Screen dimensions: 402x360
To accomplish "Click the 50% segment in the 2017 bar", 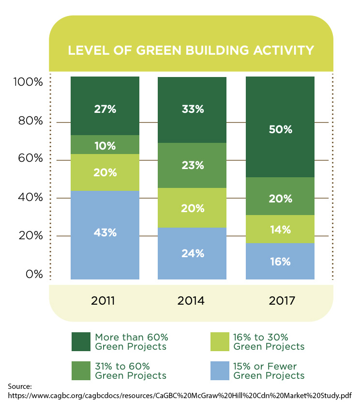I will (x=280, y=127).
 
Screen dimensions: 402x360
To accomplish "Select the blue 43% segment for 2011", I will (x=105, y=235).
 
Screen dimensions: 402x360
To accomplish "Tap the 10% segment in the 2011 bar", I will (x=105, y=145).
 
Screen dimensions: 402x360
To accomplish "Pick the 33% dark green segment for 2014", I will (x=193, y=109).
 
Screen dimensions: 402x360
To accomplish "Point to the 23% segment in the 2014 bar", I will (x=193, y=165).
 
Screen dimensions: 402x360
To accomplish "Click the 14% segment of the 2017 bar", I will (x=280, y=229).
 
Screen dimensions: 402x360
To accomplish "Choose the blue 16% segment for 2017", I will (x=280, y=262).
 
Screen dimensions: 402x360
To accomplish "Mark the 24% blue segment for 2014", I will (x=193, y=253).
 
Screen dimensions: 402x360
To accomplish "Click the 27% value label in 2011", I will (x=105, y=109).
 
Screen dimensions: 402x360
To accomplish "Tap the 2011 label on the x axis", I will (x=103, y=301).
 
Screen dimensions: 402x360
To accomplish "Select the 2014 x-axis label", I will (x=191, y=301).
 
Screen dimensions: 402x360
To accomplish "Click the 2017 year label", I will (x=278, y=301).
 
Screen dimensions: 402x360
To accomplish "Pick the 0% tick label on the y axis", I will (x=34, y=275).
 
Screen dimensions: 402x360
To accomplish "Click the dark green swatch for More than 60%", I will (x=80, y=341).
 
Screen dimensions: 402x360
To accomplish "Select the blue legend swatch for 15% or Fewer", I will (x=219, y=371).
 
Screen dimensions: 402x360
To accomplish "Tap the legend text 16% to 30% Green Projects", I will (x=269, y=341).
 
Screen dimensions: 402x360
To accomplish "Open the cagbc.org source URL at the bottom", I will (x=180, y=395).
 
